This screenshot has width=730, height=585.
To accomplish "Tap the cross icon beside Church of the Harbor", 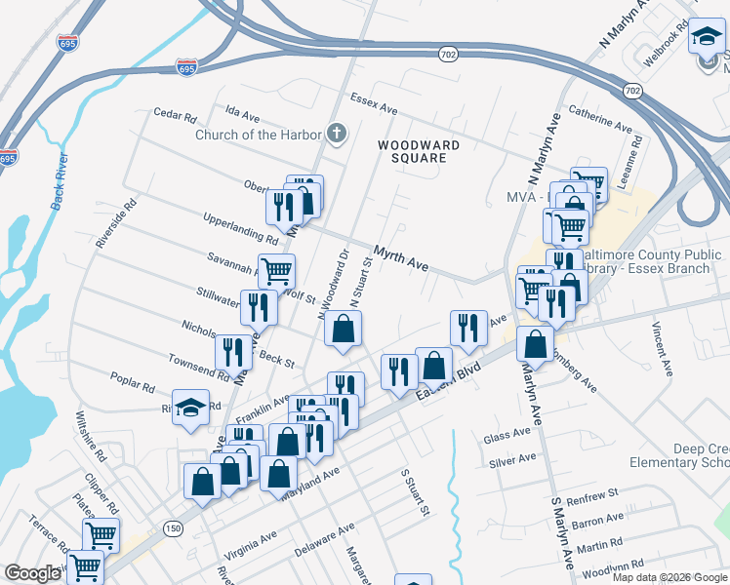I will tap(337, 134).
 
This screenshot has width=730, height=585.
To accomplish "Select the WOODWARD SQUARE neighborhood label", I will tap(419, 151).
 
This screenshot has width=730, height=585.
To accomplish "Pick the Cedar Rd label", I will tap(176, 114).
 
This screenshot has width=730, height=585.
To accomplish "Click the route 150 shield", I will tap(173, 528).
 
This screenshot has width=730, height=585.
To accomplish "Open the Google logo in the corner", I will tap(32, 573).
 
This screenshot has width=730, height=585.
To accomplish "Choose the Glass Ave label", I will tap(507, 438).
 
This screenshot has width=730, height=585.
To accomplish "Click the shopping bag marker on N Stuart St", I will tap(343, 330).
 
